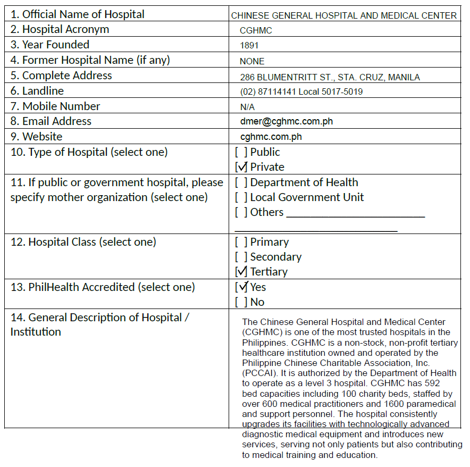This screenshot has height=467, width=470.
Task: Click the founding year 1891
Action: [249, 45]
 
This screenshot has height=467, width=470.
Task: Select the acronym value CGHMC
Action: [256, 30]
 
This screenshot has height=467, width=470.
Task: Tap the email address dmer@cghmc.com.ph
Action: [286, 121]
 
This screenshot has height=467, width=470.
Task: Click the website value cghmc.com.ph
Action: [271, 137]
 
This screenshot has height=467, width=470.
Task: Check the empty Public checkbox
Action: [241, 152]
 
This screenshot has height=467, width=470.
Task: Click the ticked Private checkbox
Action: [241, 167]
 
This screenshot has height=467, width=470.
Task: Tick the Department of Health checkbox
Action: [241, 182]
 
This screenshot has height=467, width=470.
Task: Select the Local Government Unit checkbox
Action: [241, 197]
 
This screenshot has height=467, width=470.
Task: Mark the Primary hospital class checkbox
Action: [241, 242]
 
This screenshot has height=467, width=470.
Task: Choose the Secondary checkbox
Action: [241, 257]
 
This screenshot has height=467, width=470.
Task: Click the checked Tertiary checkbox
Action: [241, 272]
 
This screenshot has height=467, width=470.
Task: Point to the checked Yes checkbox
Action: [241, 287]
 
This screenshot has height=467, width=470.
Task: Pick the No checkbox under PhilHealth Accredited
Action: [241, 302]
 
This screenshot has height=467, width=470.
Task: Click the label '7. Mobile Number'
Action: [55, 106]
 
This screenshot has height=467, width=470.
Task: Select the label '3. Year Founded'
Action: [49, 45]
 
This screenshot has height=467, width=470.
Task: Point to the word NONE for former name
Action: [252, 61]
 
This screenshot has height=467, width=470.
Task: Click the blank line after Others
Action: [355, 215]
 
